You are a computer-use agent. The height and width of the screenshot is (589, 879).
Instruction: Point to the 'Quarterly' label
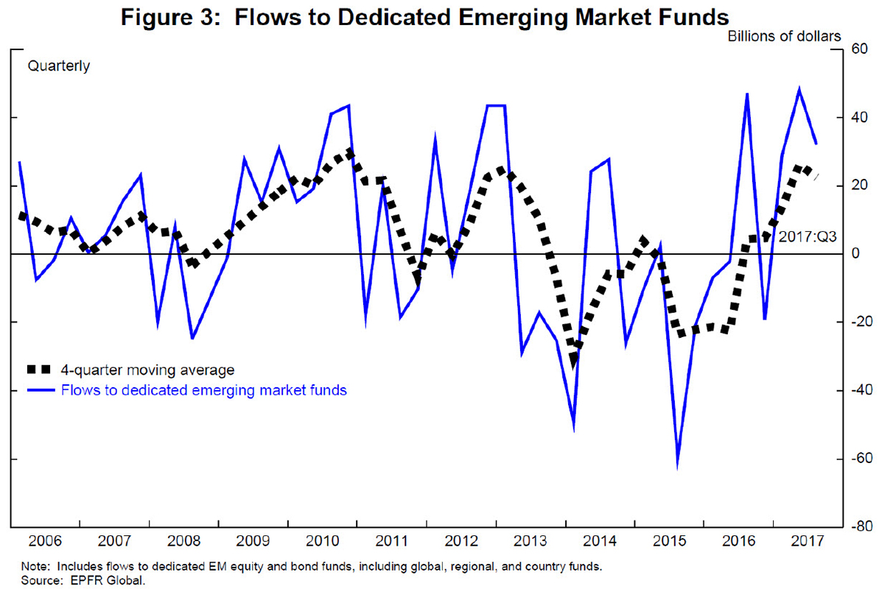[59, 66]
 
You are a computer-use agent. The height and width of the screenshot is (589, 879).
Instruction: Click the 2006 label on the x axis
[45, 541]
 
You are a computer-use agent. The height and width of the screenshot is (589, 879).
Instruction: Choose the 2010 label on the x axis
[322, 541]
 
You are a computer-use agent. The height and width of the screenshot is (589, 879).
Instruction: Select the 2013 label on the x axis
[530, 541]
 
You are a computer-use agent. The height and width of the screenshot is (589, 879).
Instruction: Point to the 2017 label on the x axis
[808, 541]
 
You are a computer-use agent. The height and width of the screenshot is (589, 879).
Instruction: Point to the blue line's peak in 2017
[799, 89]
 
